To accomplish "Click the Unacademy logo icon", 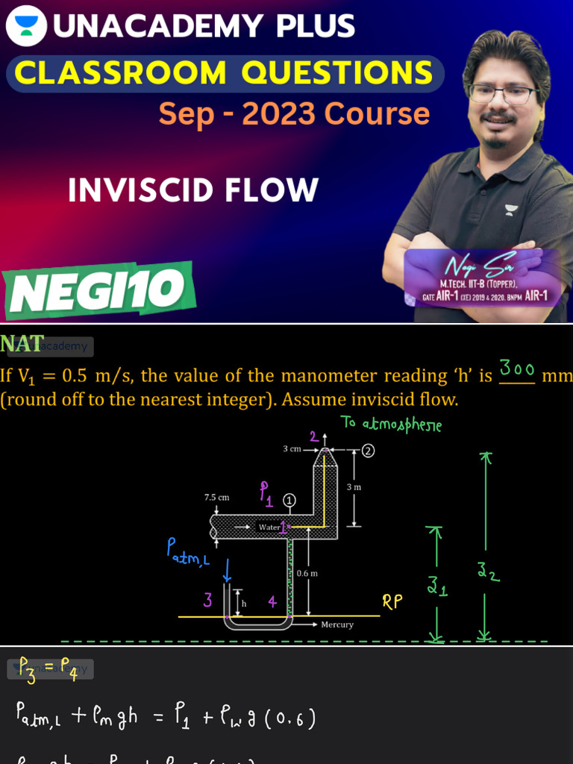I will [26, 27].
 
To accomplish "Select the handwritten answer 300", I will [517, 369].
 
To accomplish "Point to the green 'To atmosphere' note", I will [391, 424].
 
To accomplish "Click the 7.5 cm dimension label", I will [217, 497].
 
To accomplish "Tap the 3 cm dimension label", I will [292, 449].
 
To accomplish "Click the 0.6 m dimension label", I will [307, 573].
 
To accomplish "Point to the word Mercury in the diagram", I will [337, 624].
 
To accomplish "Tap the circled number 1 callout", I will [290, 500].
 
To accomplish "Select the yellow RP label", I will [392, 602].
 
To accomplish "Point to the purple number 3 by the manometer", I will [208, 599].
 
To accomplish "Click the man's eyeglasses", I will [504, 95].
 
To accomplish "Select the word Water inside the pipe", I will [269, 527].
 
